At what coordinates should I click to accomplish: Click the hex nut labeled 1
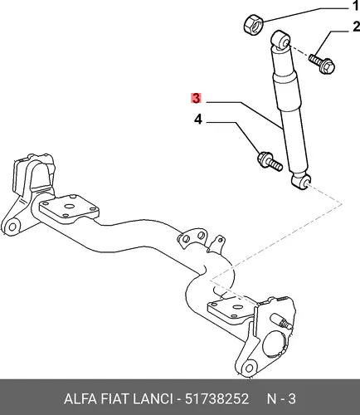tap(253, 25)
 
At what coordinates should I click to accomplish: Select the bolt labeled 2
tap(322, 63)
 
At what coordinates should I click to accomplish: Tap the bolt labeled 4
tap(270, 162)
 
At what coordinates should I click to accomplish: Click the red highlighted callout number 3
tap(196, 98)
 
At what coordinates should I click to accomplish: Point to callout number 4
tap(198, 120)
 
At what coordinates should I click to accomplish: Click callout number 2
tap(356, 27)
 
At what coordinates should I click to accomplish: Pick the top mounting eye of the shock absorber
tap(280, 41)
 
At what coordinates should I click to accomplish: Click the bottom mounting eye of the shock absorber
tap(301, 183)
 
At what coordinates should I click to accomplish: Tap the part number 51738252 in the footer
tap(216, 399)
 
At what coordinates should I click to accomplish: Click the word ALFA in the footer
tap(80, 399)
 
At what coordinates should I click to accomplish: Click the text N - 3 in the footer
tap(281, 399)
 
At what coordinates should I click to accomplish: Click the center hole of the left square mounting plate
tap(68, 207)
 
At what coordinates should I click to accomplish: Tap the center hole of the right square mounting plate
tap(236, 306)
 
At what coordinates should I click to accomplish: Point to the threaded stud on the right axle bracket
tap(281, 320)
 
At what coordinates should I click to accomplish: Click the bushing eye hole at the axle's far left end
tap(12, 227)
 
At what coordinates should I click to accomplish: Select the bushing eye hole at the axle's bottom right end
tap(249, 369)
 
